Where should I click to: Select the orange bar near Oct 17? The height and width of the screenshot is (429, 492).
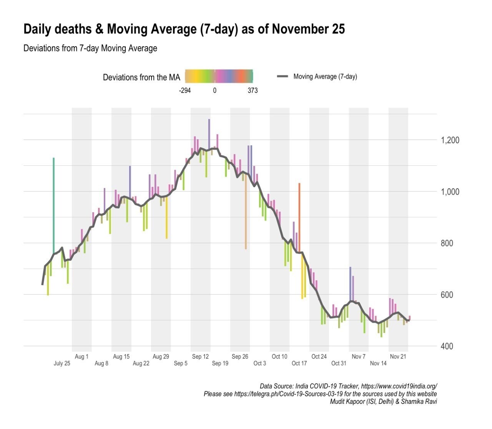click(299, 217)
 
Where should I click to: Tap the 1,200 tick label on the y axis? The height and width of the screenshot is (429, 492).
click(450, 140)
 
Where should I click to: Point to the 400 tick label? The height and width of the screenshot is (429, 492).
click(446, 346)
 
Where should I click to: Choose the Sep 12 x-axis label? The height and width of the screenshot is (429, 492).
click(200, 357)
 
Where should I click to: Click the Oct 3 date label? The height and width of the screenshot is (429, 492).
click(259, 363)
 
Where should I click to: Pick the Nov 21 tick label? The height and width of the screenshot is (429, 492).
click(398, 357)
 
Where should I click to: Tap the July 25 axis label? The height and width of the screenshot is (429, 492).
click(62, 363)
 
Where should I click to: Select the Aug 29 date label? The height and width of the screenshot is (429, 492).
click(161, 357)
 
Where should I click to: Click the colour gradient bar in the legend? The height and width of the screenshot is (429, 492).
click(219, 76)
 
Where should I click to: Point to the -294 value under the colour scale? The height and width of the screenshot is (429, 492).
click(185, 91)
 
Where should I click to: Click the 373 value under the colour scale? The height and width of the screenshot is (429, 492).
click(253, 91)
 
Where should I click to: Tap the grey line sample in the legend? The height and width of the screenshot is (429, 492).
click(283, 76)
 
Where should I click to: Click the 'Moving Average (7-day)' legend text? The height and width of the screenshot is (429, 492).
click(325, 76)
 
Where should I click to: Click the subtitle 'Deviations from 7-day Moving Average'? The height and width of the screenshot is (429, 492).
click(90, 48)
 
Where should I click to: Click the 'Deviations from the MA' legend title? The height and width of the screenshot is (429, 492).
click(141, 77)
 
